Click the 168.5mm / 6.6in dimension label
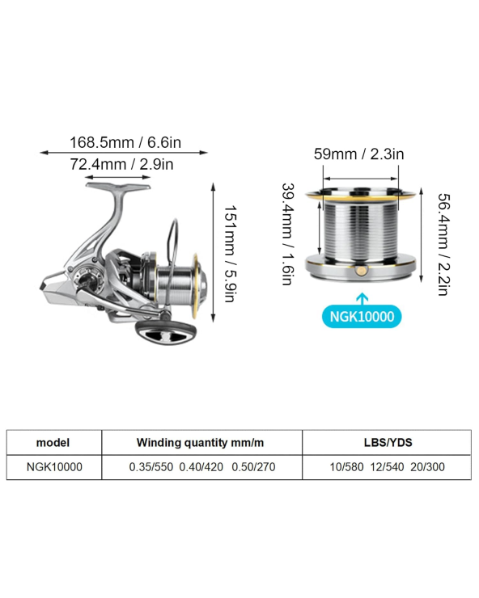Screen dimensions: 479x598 coord(125,143)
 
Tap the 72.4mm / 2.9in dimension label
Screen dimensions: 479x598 coord(121,164)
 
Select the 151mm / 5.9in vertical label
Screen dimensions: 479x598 coord(231,254)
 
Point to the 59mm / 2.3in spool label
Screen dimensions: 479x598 coord(358,154)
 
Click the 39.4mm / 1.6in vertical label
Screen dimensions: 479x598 coord(287,234)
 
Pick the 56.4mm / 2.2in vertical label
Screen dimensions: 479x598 coord(443,245)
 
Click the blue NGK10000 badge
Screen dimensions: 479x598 coord(362,317)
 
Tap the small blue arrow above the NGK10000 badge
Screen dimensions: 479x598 coord(362,299)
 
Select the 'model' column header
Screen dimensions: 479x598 coord(53,442)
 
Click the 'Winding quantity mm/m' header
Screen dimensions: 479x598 coord(200,442)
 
